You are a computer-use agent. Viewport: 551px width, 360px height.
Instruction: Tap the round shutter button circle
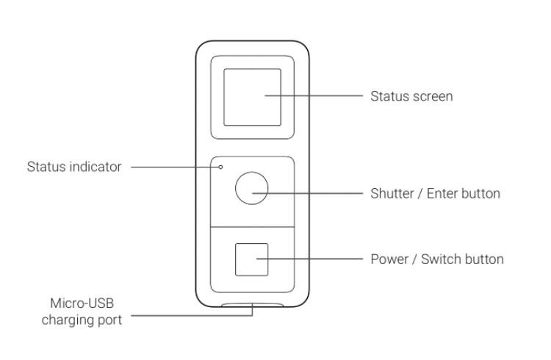pyautogui.click(x=251, y=189)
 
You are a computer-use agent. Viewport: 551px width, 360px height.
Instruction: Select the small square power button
pyautogui.click(x=251, y=259)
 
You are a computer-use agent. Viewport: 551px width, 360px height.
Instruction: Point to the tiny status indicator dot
pyautogui.click(x=221, y=167)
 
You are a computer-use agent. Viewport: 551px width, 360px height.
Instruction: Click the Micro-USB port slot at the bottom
pyautogui.click(x=252, y=303)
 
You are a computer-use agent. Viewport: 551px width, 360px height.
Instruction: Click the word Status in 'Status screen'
pyautogui.click(x=386, y=96)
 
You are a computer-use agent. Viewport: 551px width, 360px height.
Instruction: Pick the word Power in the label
pyautogui.click(x=387, y=259)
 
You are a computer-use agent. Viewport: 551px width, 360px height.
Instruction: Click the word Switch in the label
pyautogui.click(x=434, y=259)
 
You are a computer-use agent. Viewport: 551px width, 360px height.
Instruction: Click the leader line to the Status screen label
pyautogui.click(x=316, y=96)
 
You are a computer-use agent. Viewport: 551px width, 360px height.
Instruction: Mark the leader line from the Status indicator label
pyautogui.click(x=176, y=167)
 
